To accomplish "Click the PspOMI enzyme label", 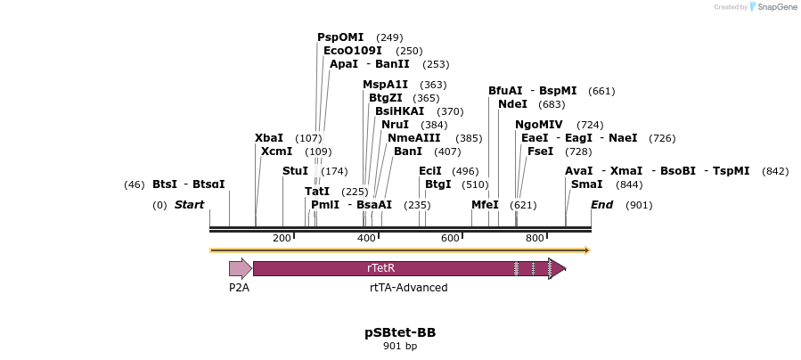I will coord(340,37).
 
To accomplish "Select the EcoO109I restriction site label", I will coord(352,51).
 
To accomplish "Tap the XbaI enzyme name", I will coord(269,138).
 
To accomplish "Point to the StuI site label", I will coord(295,170).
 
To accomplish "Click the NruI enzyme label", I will coord(395,125).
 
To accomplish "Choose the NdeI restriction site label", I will coord(512,104).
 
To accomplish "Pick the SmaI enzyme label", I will coord(586,184).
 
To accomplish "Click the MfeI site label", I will coord(485,205).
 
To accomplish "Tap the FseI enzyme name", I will coord(541,151).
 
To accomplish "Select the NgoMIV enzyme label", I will coord(539,125).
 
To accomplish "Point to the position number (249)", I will coord(389,37).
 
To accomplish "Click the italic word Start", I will coord(189,205).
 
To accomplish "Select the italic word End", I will coord(602,205).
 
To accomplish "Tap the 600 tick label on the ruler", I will coord(451,238).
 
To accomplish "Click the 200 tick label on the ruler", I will coord(282,238).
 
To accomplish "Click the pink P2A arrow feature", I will coord(240,268).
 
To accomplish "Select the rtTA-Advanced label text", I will coord(408,288).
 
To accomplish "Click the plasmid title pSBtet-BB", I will coord(400,332).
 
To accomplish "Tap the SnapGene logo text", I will coord(774,7).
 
